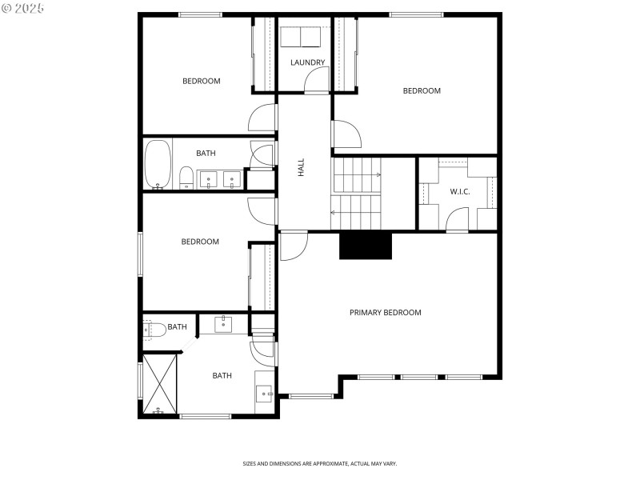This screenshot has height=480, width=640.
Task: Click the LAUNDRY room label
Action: point(308,62)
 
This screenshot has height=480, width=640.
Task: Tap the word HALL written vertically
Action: point(302,167)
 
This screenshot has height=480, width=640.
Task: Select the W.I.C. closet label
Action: point(459,191)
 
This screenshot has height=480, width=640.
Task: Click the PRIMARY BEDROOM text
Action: point(385,312)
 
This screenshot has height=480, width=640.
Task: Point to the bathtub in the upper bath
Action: point(157,165)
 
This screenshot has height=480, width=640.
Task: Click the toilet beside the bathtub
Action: point(185,177)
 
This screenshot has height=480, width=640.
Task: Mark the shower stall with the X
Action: point(159,385)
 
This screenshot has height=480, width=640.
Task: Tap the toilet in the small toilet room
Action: point(154,328)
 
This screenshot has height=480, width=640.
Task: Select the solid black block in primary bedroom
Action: point(366,246)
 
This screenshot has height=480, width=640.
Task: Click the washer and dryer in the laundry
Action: point(299,37)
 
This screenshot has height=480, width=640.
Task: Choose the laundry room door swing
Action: point(317,80)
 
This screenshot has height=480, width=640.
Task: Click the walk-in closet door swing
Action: point(457,219)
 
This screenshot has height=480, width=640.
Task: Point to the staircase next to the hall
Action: point(358,194)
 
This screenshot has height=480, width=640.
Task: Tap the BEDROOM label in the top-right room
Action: point(422,90)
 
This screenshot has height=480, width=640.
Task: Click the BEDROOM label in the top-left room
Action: point(202,81)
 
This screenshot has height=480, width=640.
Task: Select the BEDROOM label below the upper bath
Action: point(200,242)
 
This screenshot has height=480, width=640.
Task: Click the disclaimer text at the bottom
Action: point(320,463)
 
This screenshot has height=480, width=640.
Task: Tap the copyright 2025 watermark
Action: point(23,8)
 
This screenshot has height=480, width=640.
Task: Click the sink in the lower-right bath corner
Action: point(264,393)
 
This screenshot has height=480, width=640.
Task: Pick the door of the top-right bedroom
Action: point(345,134)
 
